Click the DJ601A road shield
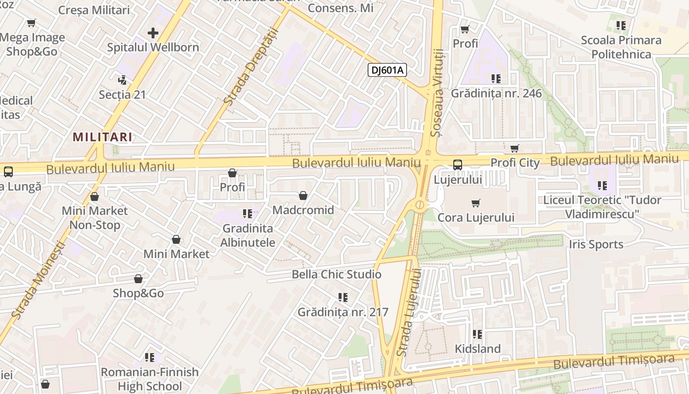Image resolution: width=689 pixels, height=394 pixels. click(387, 70)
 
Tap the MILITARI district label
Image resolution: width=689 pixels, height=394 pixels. click(103, 137)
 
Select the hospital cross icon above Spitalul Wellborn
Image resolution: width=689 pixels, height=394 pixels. click(153, 33)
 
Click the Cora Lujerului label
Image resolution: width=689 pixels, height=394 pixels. click(476, 218)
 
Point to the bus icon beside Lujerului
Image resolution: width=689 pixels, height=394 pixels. click(458, 165)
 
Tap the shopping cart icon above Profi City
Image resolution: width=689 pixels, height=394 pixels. click(515, 148)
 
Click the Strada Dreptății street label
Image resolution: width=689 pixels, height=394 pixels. click(251, 67)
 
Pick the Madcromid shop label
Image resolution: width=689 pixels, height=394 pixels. click(303, 210)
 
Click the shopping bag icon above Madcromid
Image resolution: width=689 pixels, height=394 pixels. click(303, 196)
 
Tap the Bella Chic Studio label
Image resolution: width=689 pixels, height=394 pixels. click(337, 274)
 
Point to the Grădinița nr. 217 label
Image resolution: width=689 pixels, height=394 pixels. click(343, 312)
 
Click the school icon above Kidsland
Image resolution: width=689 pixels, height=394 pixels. click(477, 334)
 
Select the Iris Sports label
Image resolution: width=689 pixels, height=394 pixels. click(596, 244)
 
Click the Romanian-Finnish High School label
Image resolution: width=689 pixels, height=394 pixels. click(150, 379)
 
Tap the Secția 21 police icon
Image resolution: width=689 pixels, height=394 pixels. click(122, 80)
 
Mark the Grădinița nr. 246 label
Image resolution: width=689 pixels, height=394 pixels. click(496, 94)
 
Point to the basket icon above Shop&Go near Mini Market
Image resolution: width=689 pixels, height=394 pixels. click(138, 279)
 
